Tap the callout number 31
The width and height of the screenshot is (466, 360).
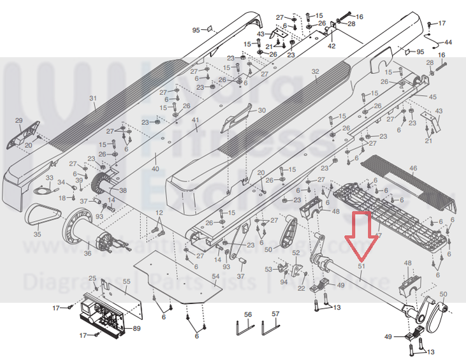(92, 98)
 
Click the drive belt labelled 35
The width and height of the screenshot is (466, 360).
(41, 217)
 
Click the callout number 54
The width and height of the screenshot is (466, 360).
(215, 277)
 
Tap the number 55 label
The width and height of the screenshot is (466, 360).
(126, 281)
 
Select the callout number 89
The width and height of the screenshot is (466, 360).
(136, 328)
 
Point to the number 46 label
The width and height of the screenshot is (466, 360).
(413, 168)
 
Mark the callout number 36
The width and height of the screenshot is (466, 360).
(87, 254)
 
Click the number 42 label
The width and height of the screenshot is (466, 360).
(331, 47)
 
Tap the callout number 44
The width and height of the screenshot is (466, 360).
(448, 42)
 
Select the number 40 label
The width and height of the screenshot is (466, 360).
(155, 168)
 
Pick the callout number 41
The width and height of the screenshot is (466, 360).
(196, 120)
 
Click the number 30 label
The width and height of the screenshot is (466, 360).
(261, 111)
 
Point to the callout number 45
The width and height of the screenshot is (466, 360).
(433, 97)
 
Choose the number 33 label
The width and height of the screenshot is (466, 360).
(49, 177)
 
